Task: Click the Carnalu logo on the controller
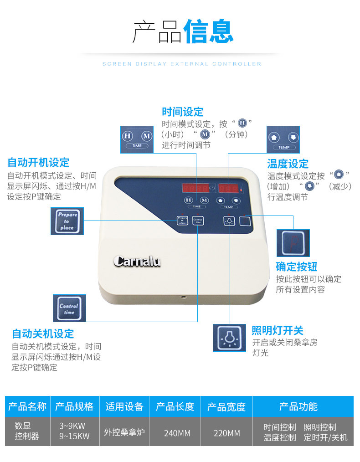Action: (136, 261)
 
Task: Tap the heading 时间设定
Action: (182, 112)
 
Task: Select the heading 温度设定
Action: (288, 164)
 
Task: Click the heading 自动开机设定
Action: (38, 162)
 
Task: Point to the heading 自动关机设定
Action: (43, 334)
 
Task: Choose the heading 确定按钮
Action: (296, 267)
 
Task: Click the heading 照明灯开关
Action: (277, 330)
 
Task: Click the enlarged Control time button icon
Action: (69, 308)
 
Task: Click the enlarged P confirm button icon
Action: (293, 243)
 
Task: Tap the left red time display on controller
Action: (195, 188)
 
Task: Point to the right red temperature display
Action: (227, 188)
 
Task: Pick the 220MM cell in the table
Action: (226, 433)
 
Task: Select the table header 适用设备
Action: (124, 406)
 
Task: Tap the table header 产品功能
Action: (298, 406)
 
